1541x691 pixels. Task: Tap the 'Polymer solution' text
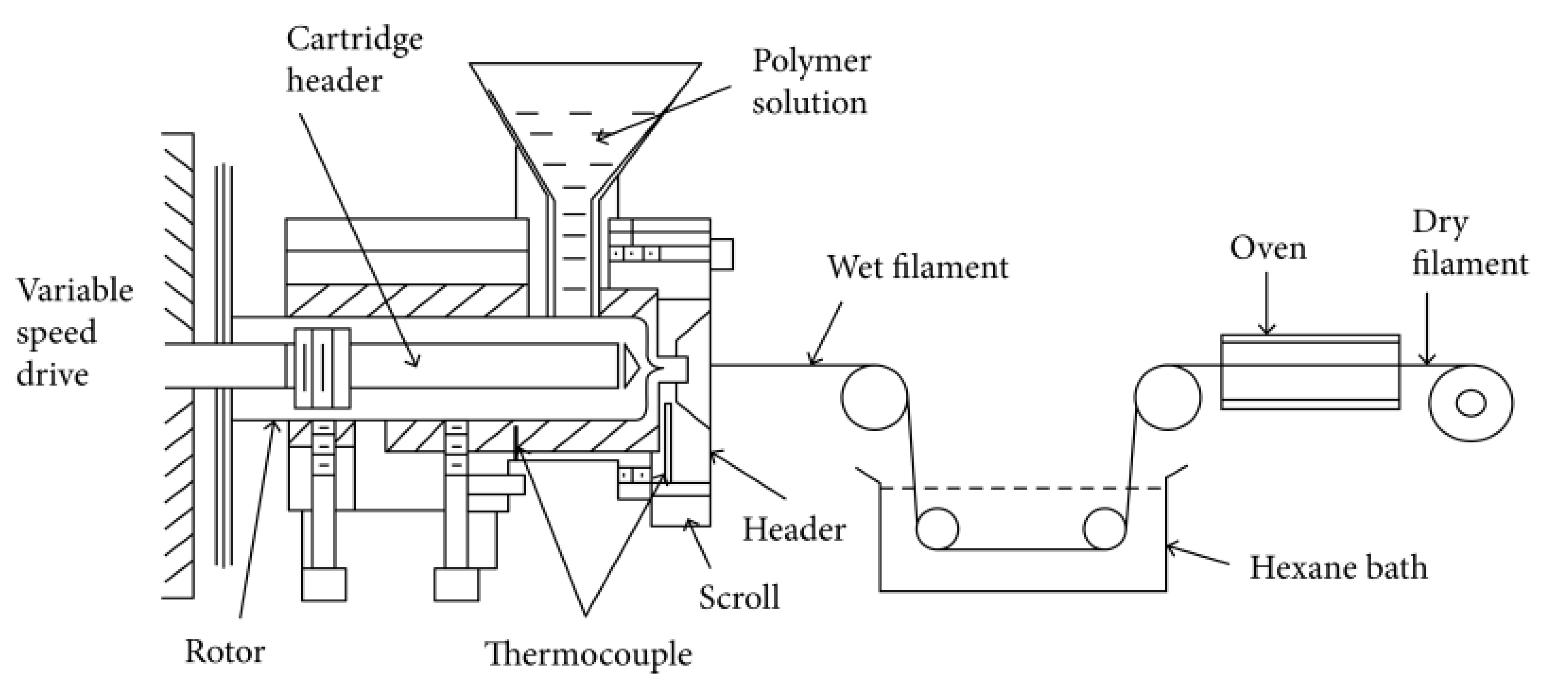pos(811,82)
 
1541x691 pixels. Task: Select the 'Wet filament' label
pos(918,267)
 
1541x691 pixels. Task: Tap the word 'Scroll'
pos(740,598)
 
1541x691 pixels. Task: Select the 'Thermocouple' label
pos(588,654)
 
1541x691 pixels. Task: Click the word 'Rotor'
pos(225,652)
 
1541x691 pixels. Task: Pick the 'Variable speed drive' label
pos(74,333)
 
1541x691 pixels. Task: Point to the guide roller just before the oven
pos(1167,397)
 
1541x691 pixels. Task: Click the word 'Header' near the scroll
pos(794,530)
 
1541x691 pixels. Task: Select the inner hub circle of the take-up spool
pos(1471,403)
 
